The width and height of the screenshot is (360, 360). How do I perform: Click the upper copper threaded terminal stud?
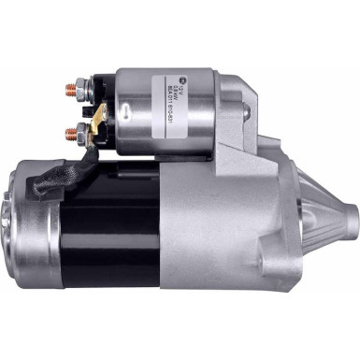(x=69, y=92)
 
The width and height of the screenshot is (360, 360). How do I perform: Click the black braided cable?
(x=51, y=180)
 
